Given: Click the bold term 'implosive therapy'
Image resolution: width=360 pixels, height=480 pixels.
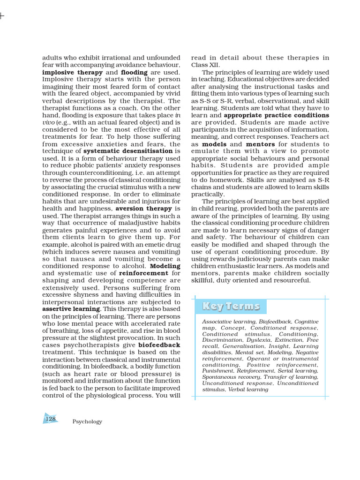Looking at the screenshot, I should (x=72, y=73).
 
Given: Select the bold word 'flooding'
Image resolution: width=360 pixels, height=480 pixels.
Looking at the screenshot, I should (x=134, y=73).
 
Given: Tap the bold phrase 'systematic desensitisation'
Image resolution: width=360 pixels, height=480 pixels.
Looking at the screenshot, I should (x=128, y=151).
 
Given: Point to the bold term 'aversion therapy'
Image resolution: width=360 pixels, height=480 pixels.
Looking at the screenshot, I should (x=144, y=208).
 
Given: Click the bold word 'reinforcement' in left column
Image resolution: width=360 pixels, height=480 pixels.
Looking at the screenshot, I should (x=143, y=273).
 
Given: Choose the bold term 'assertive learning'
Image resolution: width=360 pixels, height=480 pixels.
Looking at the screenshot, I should (x=71, y=309).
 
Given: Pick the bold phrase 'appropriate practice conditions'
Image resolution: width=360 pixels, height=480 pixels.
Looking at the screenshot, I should (x=277, y=115).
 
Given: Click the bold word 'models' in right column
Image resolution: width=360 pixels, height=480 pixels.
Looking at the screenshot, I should (x=214, y=144).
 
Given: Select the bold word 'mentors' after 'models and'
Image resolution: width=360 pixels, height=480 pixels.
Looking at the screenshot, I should (x=260, y=144).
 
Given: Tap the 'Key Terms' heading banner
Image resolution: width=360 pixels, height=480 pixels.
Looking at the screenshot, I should (x=231, y=307).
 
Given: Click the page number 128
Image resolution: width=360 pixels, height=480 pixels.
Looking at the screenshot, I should (x=50, y=419).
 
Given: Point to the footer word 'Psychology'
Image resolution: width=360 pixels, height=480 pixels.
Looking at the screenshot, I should (x=87, y=422).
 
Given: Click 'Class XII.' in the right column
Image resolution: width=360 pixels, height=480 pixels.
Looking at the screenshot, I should (x=205, y=65).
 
